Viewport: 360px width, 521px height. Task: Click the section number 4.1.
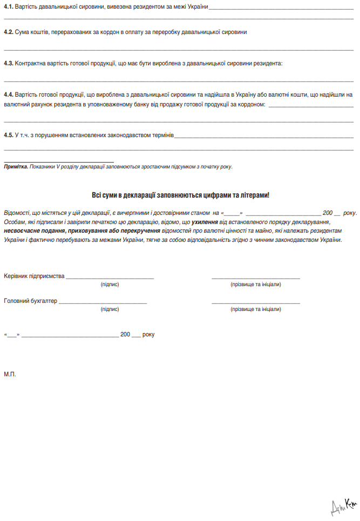click(x=9, y=6)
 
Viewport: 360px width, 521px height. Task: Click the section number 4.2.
click(x=9, y=32)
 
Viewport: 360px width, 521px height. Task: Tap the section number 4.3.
click(x=9, y=64)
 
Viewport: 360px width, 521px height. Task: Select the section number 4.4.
click(x=9, y=94)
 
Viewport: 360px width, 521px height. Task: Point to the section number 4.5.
click(x=9, y=134)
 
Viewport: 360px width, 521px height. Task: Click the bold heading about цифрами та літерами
click(x=180, y=195)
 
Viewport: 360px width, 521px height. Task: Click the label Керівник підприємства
click(x=34, y=276)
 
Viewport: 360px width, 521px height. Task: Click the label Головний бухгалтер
click(x=30, y=301)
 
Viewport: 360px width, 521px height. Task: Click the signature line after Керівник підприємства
click(x=110, y=278)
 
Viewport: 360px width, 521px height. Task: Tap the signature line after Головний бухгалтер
click(x=103, y=302)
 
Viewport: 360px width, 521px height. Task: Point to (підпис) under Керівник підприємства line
click(x=110, y=284)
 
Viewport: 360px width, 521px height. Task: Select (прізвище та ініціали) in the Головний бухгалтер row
click(x=255, y=309)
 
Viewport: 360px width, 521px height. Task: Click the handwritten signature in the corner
click(x=344, y=506)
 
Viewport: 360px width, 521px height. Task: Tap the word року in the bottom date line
click(x=148, y=335)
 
